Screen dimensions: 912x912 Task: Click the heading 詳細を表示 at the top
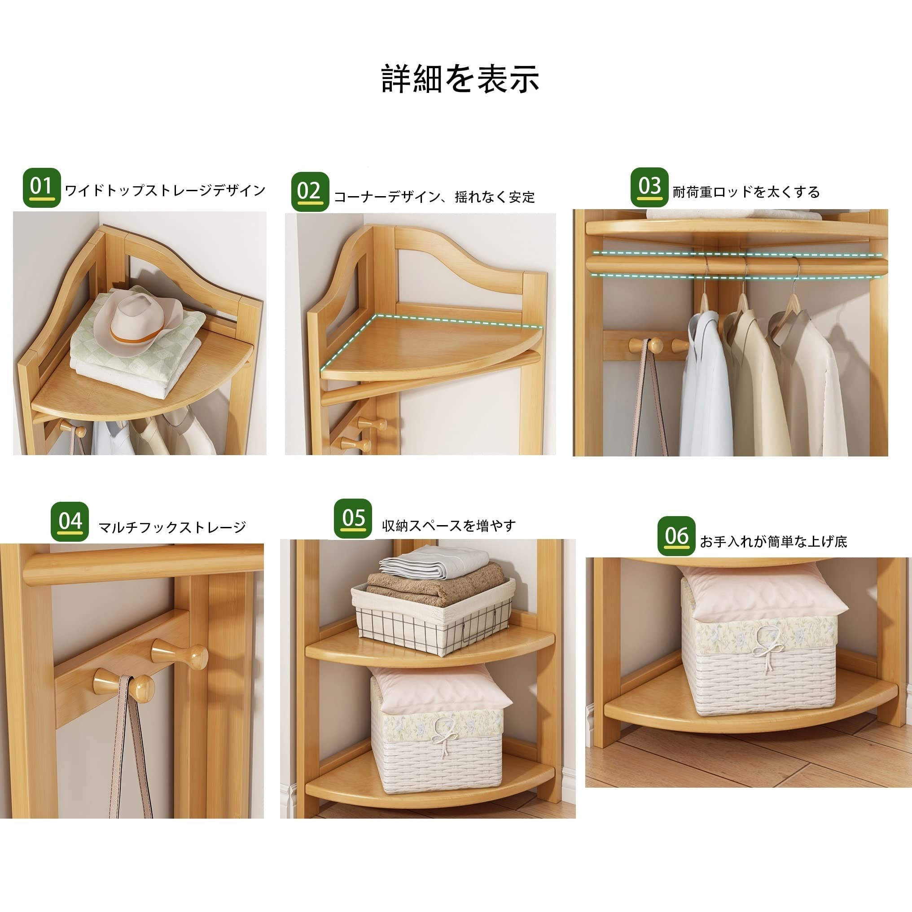pos(460,79)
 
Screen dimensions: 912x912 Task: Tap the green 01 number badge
pos(42,188)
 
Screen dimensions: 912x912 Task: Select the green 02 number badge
pos(310,192)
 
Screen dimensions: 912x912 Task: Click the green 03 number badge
pos(649,187)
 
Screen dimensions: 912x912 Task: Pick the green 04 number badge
pos(70,521)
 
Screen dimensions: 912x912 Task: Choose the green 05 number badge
pos(353,518)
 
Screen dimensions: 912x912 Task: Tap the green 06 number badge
pos(676,536)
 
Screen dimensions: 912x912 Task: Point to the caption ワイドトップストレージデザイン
pos(165,191)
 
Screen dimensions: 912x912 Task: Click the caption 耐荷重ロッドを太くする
pos(746,192)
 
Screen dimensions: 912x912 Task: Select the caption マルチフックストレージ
pos(172,527)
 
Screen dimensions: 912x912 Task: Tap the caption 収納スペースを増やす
pos(449,526)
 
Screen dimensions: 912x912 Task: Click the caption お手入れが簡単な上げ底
pos(773,541)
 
